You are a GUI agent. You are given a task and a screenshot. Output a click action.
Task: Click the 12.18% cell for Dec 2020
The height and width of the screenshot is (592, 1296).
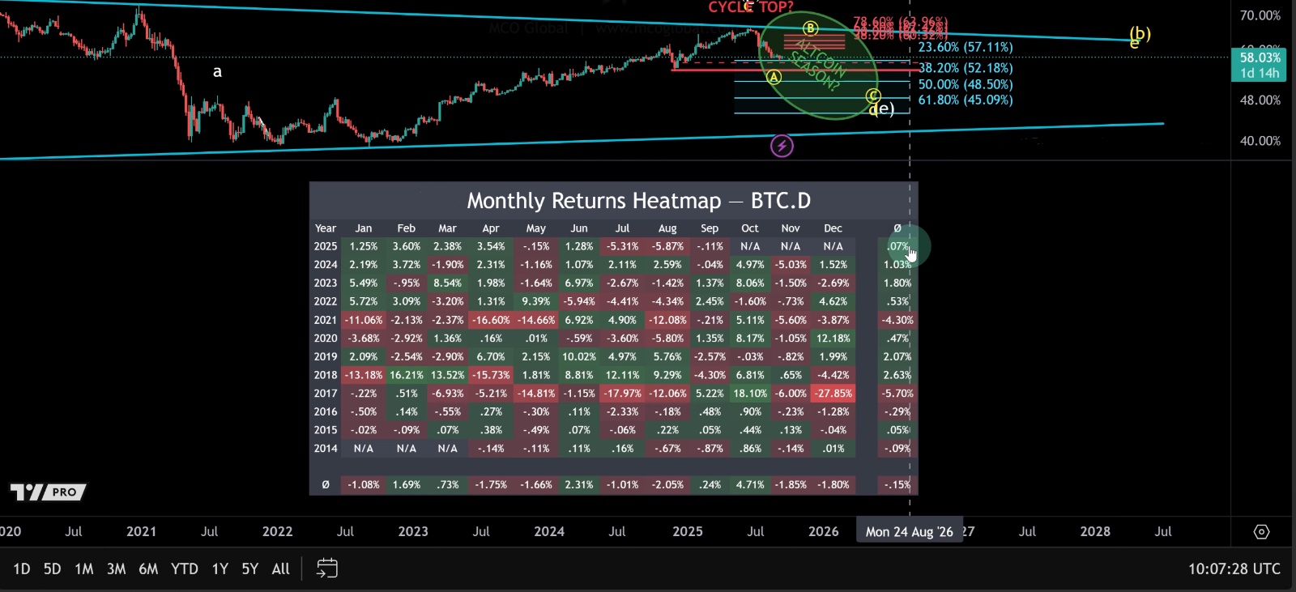point(833,339)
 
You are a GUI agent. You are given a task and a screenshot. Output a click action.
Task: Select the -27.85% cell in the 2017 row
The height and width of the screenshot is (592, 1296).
point(833,394)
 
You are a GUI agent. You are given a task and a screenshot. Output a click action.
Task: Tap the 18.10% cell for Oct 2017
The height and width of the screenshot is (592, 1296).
point(750,394)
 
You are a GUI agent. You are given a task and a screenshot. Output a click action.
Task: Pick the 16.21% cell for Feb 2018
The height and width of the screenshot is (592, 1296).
point(406,375)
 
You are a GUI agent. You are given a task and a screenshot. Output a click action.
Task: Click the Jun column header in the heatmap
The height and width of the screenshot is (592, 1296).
point(579,228)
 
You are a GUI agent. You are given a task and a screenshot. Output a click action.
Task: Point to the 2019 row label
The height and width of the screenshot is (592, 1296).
point(326,356)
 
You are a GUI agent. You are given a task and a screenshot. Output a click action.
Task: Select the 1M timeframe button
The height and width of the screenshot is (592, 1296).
point(84,569)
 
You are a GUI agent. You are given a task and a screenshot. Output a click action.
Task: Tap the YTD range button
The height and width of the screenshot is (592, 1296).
point(185,569)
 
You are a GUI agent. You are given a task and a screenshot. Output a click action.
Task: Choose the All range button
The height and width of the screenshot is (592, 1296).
point(280,569)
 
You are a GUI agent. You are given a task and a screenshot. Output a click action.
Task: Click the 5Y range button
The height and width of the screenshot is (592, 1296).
point(250,569)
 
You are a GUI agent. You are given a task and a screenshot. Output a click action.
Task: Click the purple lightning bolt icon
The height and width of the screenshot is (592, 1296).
point(782,146)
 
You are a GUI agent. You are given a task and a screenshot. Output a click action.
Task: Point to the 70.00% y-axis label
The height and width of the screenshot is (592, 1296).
point(1260,15)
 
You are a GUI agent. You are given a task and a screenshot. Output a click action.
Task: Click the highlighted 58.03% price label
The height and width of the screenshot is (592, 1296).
point(1260,57)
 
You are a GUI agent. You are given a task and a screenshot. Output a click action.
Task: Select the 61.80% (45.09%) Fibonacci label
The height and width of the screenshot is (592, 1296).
point(966,100)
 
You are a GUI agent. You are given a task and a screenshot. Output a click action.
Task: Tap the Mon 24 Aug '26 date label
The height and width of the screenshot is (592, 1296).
point(909,531)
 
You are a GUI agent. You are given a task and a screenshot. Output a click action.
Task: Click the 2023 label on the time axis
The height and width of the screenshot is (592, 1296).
point(413,531)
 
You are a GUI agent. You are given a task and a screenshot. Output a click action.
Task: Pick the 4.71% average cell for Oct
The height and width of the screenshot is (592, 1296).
point(750,485)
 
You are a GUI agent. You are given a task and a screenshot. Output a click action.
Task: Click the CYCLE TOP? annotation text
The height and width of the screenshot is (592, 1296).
point(751,7)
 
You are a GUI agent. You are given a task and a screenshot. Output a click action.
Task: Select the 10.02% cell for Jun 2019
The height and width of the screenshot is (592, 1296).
point(579,356)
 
